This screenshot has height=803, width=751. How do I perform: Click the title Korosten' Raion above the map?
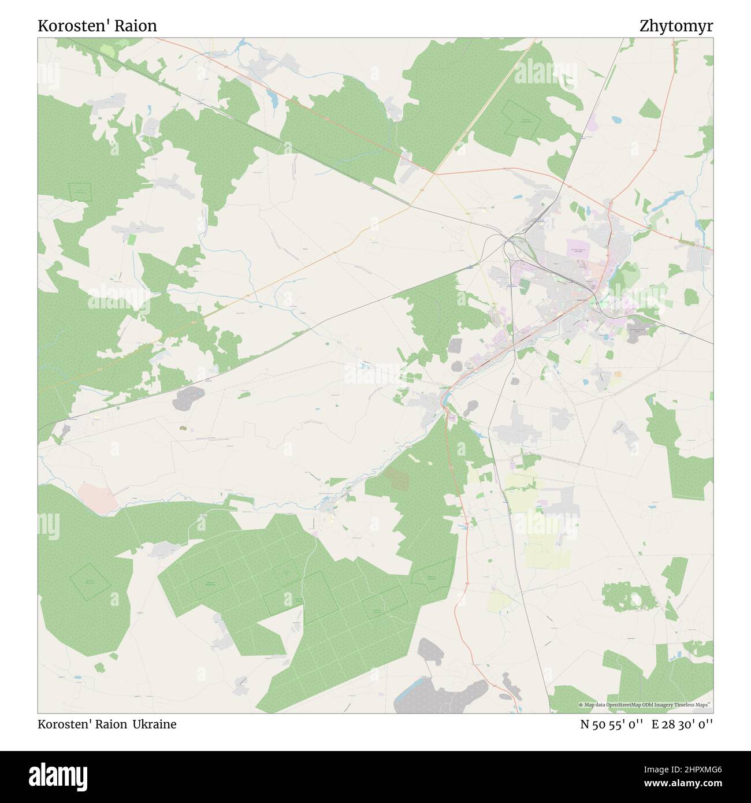(97, 26)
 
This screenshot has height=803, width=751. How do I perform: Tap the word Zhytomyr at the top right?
(676, 26)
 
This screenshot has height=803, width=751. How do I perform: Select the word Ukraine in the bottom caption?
(154, 724)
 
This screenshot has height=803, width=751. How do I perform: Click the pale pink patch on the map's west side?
(96, 496)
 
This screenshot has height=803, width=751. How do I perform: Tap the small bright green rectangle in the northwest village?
(132, 238)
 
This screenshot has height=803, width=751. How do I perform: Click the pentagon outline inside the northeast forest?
(523, 120)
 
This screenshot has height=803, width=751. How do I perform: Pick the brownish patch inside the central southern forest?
(397, 478)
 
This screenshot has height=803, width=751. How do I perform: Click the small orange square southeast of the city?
(618, 374)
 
